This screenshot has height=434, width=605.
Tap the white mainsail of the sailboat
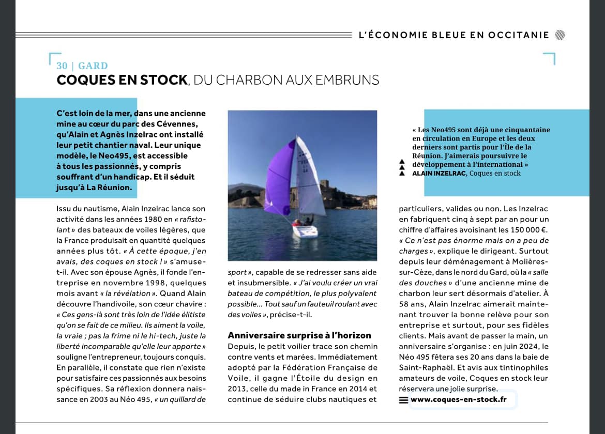pos(309,181)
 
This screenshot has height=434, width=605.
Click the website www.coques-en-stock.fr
pos(459,399)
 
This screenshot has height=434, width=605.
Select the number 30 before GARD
pos(62,66)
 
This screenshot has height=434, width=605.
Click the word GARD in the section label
pos(93,66)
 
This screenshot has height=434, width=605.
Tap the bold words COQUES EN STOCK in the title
pos(122,80)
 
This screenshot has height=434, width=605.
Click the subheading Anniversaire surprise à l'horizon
pos(299,335)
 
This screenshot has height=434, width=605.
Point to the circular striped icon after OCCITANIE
pos(559,35)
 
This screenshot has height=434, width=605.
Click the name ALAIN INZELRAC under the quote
pos(439,173)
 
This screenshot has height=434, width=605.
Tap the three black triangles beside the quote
pos(402,167)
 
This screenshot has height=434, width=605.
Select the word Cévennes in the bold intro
pos(180,124)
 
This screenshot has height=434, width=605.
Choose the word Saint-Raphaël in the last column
pos(424,367)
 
